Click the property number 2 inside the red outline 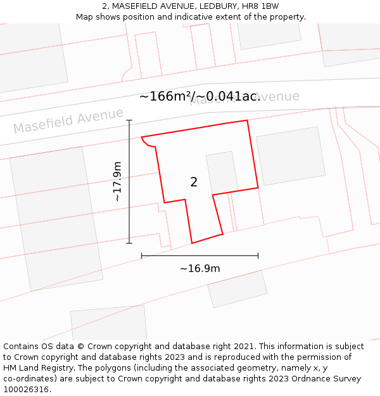(x=194, y=182)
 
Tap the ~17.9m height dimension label (x=117, y=182)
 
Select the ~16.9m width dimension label (x=199, y=269)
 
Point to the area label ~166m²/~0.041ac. (x=199, y=96)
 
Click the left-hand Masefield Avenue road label (x=68, y=120)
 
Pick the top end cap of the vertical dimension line (x=129, y=120)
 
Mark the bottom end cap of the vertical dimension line (x=129, y=243)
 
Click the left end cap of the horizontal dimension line (x=141, y=256)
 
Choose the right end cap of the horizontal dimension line (x=258, y=256)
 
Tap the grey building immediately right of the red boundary (x=291, y=156)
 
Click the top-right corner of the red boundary (x=247, y=120)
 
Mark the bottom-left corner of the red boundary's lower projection (x=192, y=243)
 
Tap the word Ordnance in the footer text (x=321, y=379)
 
